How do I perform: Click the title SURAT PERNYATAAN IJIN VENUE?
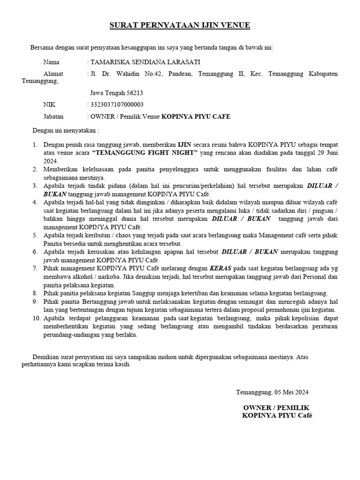(180, 25)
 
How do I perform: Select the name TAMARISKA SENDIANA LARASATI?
(145, 62)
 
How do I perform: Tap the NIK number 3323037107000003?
(117, 105)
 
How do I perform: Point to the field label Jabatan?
(53, 116)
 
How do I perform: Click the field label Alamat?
(53, 74)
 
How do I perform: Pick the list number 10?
(36, 318)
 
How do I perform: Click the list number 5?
(35, 235)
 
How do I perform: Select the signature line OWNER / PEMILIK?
(277, 407)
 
